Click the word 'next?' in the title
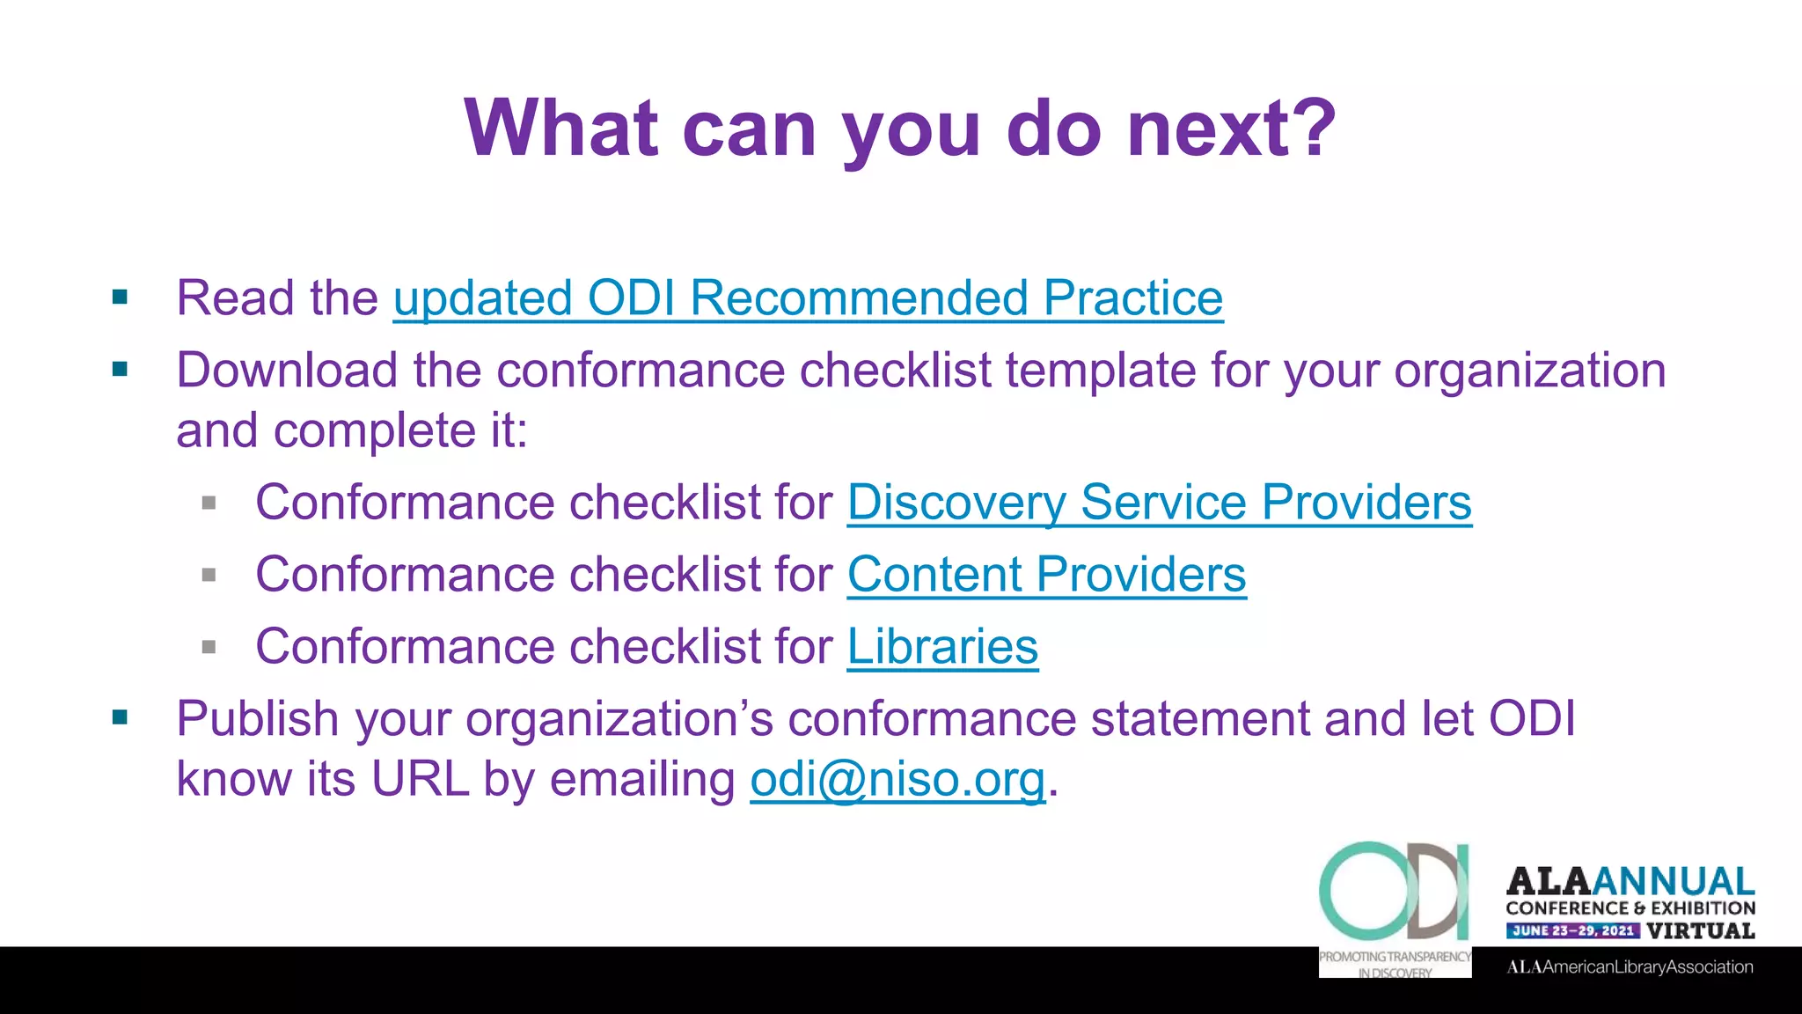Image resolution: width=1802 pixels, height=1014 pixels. tap(1232, 129)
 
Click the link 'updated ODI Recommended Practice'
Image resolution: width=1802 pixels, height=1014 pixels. tap(808, 298)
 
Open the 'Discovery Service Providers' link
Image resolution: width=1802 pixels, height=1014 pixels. tap(1159, 503)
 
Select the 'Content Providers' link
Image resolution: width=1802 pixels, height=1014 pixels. tap(1046, 575)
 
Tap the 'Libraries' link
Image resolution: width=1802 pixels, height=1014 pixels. tap(942, 647)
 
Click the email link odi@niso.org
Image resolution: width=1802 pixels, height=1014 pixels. tap(897, 780)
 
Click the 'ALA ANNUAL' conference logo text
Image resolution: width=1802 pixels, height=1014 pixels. tap(1630, 881)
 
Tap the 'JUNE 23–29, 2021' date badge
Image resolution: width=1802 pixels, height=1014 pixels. tap(1572, 930)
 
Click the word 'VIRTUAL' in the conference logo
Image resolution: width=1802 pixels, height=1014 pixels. tap(1701, 930)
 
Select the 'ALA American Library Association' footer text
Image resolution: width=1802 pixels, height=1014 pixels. tap(1630, 966)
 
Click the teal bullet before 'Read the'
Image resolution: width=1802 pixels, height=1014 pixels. tap(121, 298)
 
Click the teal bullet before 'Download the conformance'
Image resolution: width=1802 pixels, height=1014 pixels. tap(121, 370)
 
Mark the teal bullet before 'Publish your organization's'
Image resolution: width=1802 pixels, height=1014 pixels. tap(121, 718)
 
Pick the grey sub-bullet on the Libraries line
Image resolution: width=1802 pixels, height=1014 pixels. tap(209, 648)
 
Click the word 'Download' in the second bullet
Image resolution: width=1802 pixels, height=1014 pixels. tap(287, 371)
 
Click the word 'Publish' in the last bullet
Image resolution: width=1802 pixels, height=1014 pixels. tap(258, 719)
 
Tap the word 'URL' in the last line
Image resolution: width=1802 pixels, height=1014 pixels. tap(420, 780)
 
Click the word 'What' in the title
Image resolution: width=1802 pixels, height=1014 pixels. tap(561, 129)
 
